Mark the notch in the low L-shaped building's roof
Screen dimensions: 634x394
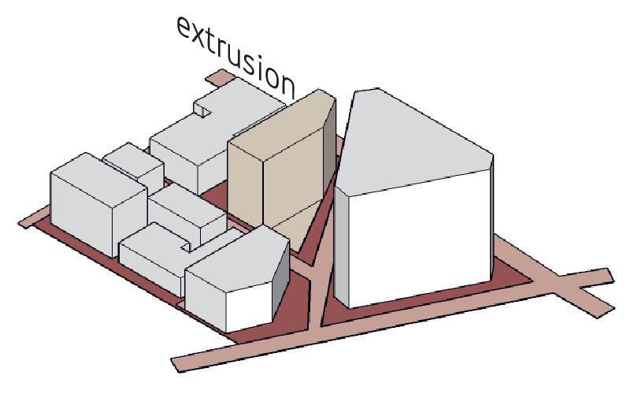[187, 245]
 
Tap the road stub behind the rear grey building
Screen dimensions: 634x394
[221, 77]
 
